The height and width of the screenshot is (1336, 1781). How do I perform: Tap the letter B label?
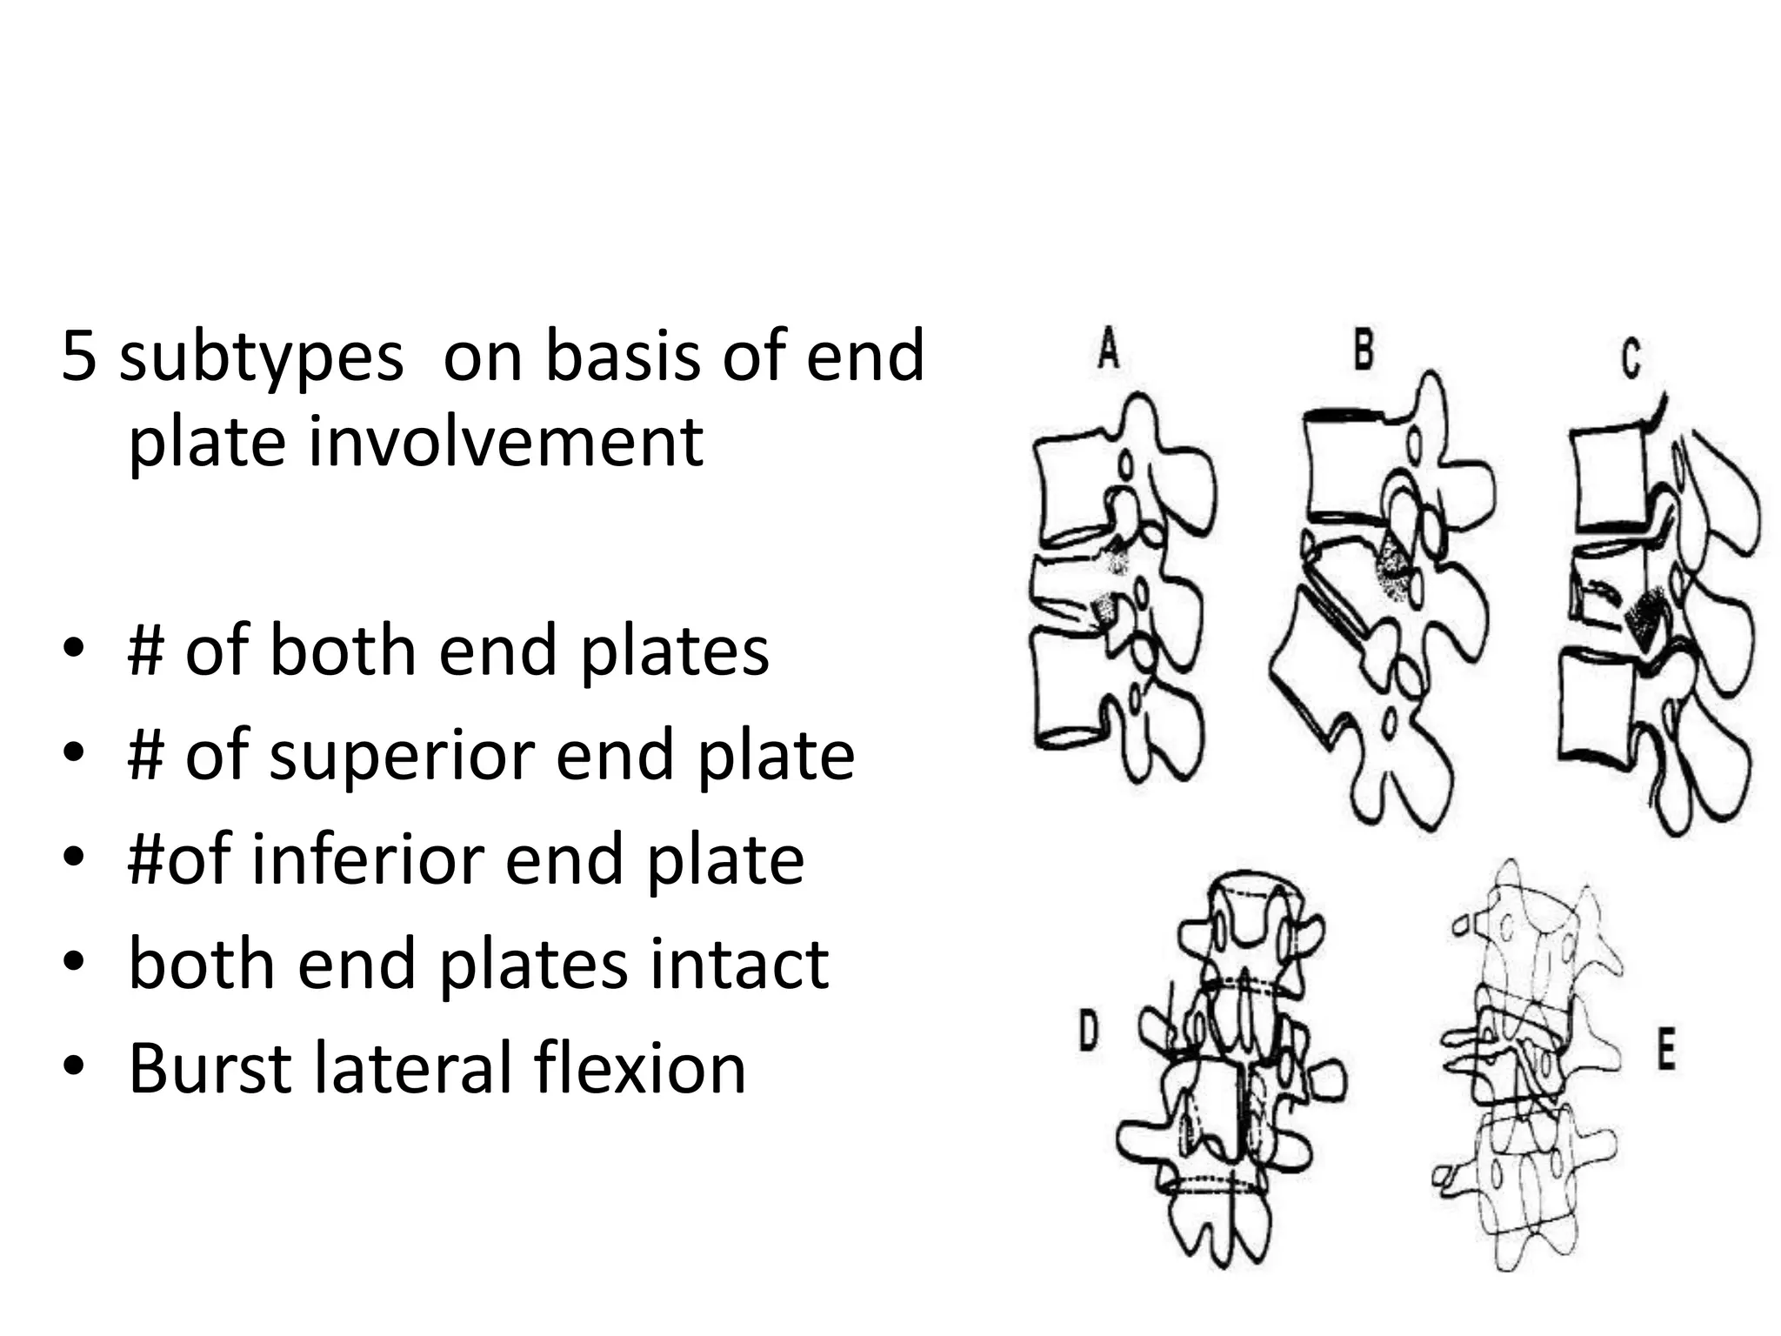click(x=1364, y=350)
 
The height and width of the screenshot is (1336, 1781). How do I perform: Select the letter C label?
click(x=1631, y=358)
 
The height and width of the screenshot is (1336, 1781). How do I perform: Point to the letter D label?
click(x=1089, y=1032)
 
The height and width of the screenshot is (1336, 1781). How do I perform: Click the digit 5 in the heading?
click(x=78, y=356)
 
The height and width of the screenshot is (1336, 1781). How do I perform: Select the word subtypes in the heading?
click(x=261, y=357)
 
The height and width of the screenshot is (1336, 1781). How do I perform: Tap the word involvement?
click(x=505, y=441)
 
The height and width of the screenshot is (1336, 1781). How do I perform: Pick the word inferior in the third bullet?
click(x=366, y=858)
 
